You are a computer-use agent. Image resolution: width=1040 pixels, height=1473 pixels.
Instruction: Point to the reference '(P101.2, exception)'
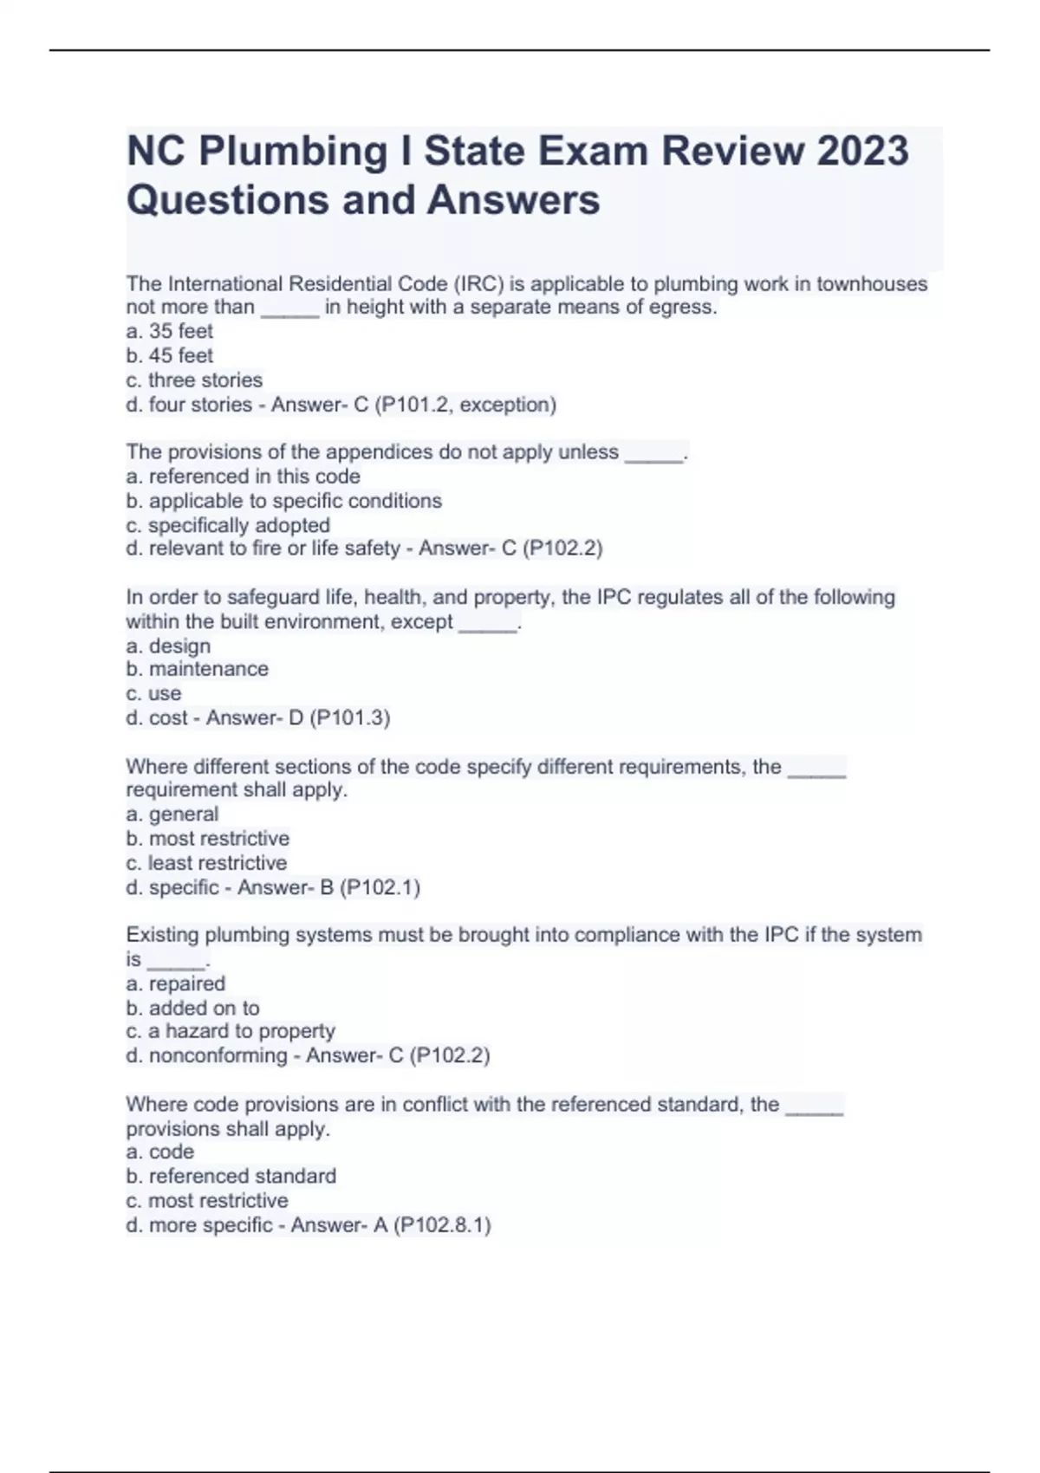click(465, 404)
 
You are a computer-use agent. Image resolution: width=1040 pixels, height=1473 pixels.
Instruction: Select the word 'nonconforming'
click(218, 1055)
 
